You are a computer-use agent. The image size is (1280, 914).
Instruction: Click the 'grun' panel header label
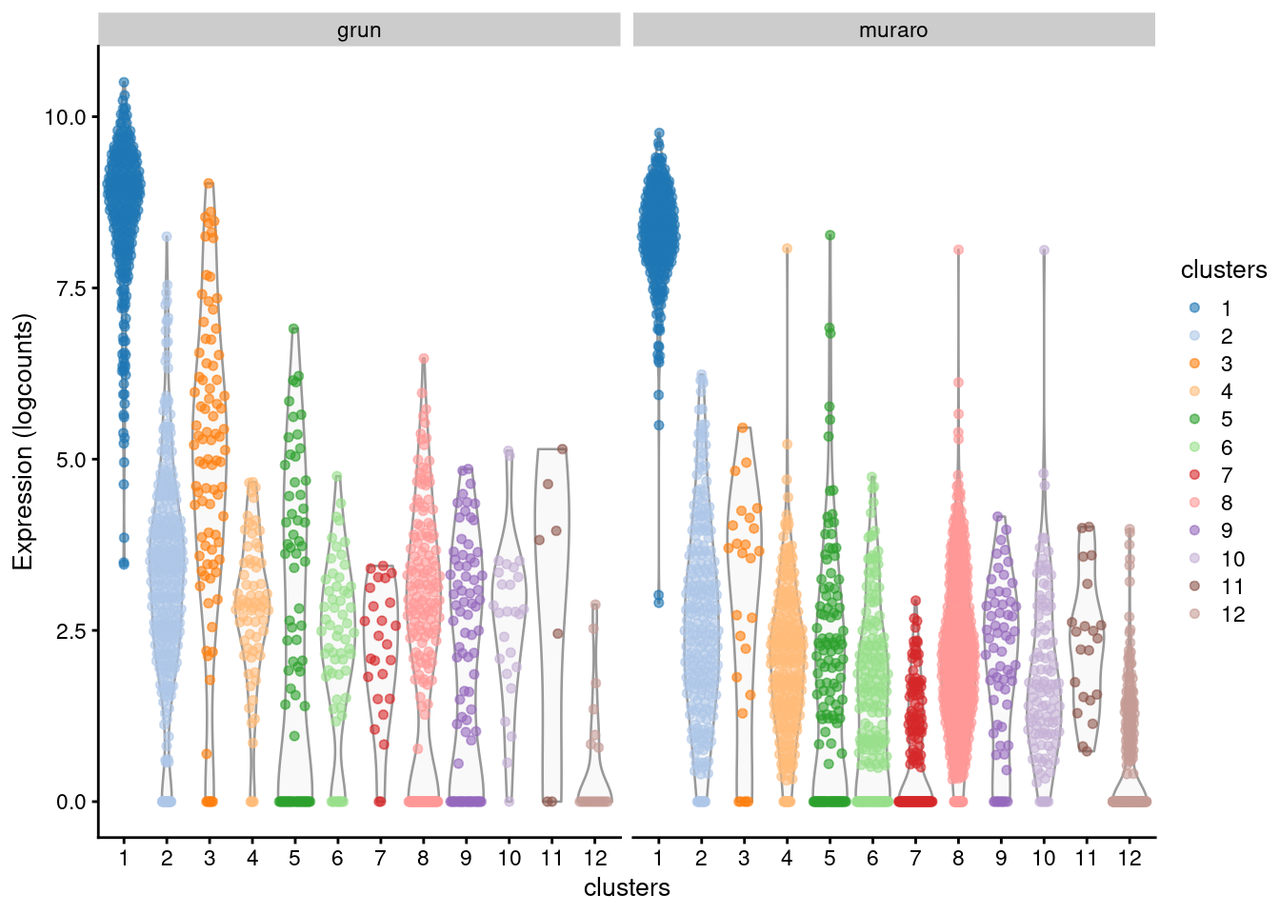tap(359, 30)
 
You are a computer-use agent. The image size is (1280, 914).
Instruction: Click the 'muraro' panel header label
tap(892, 30)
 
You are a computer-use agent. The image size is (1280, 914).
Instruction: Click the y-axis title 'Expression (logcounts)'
tap(23, 442)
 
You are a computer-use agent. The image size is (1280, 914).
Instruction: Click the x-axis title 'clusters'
tap(627, 887)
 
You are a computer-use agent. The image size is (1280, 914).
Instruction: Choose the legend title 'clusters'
tap(1223, 270)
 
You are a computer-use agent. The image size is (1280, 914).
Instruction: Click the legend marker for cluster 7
tap(1194, 474)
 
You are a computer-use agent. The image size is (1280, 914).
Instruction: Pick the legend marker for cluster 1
tap(1194, 308)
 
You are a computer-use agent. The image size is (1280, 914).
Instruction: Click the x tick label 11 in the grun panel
tap(551, 858)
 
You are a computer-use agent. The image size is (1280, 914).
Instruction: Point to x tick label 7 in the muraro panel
tap(915, 858)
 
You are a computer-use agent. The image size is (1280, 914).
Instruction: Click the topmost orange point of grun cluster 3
tap(209, 184)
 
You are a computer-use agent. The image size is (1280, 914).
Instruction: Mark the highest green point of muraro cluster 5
tap(830, 235)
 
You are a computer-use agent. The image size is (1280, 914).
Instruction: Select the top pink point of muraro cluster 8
tap(958, 250)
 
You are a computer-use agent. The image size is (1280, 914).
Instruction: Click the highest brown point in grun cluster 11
tap(562, 449)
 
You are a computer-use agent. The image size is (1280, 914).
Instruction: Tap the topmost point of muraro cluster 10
tap(1044, 250)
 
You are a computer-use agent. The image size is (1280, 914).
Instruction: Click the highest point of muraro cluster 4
tap(788, 248)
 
